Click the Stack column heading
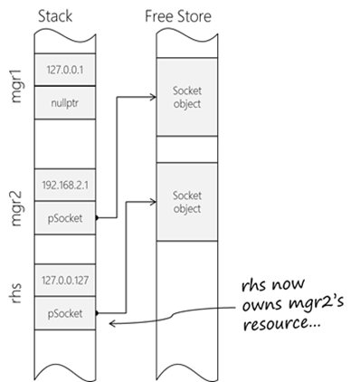click(55, 16)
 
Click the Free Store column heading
click(178, 16)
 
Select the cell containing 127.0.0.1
click(65, 70)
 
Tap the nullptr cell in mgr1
click(65, 103)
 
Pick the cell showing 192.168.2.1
click(65, 185)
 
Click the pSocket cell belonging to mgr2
click(65, 218)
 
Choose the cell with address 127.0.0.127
click(65, 281)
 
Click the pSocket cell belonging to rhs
click(65, 313)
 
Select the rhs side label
click(16, 292)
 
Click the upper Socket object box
click(187, 97)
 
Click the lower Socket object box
click(187, 202)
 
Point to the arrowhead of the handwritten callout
click(110, 324)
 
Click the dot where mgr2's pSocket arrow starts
click(97, 217)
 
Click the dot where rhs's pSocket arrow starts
click(97, 313)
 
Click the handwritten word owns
click(263, 305)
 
